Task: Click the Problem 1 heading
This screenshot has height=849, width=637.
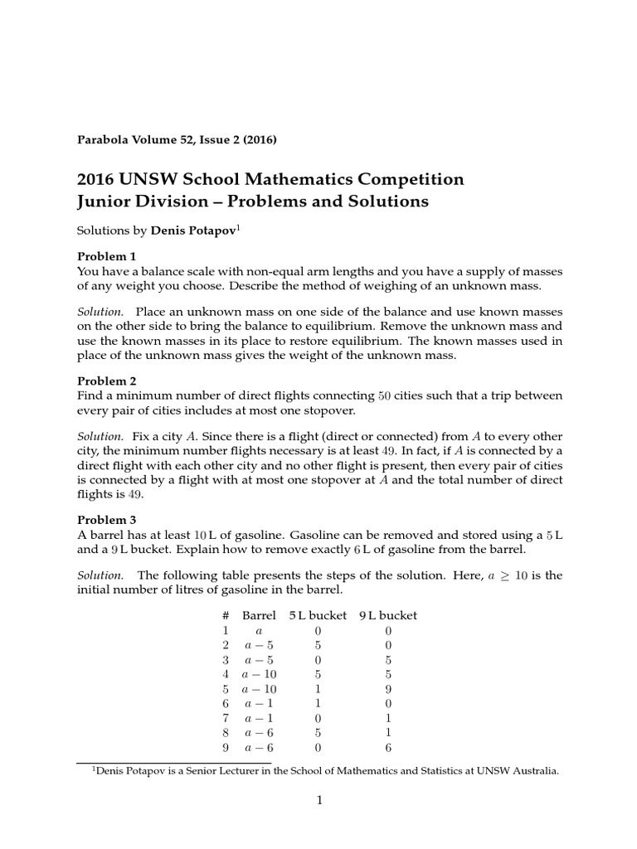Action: (106, 255)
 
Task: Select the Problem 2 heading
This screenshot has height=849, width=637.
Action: (106, 381)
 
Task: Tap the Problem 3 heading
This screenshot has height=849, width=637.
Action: (106, 520)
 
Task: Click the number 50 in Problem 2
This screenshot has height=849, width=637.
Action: (385, 395)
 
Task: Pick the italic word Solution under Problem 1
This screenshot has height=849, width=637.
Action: (100, 312)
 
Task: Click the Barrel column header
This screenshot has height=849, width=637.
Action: (259, 615)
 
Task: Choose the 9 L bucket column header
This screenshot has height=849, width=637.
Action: (388, 615)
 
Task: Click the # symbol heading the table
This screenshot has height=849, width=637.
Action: (225, 615)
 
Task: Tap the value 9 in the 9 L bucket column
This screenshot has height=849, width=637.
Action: (388, 689)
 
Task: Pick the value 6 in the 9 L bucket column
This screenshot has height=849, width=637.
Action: (388, 747)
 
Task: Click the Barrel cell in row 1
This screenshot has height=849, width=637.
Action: (259, 631)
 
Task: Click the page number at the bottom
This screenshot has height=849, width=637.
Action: (319, 800)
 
